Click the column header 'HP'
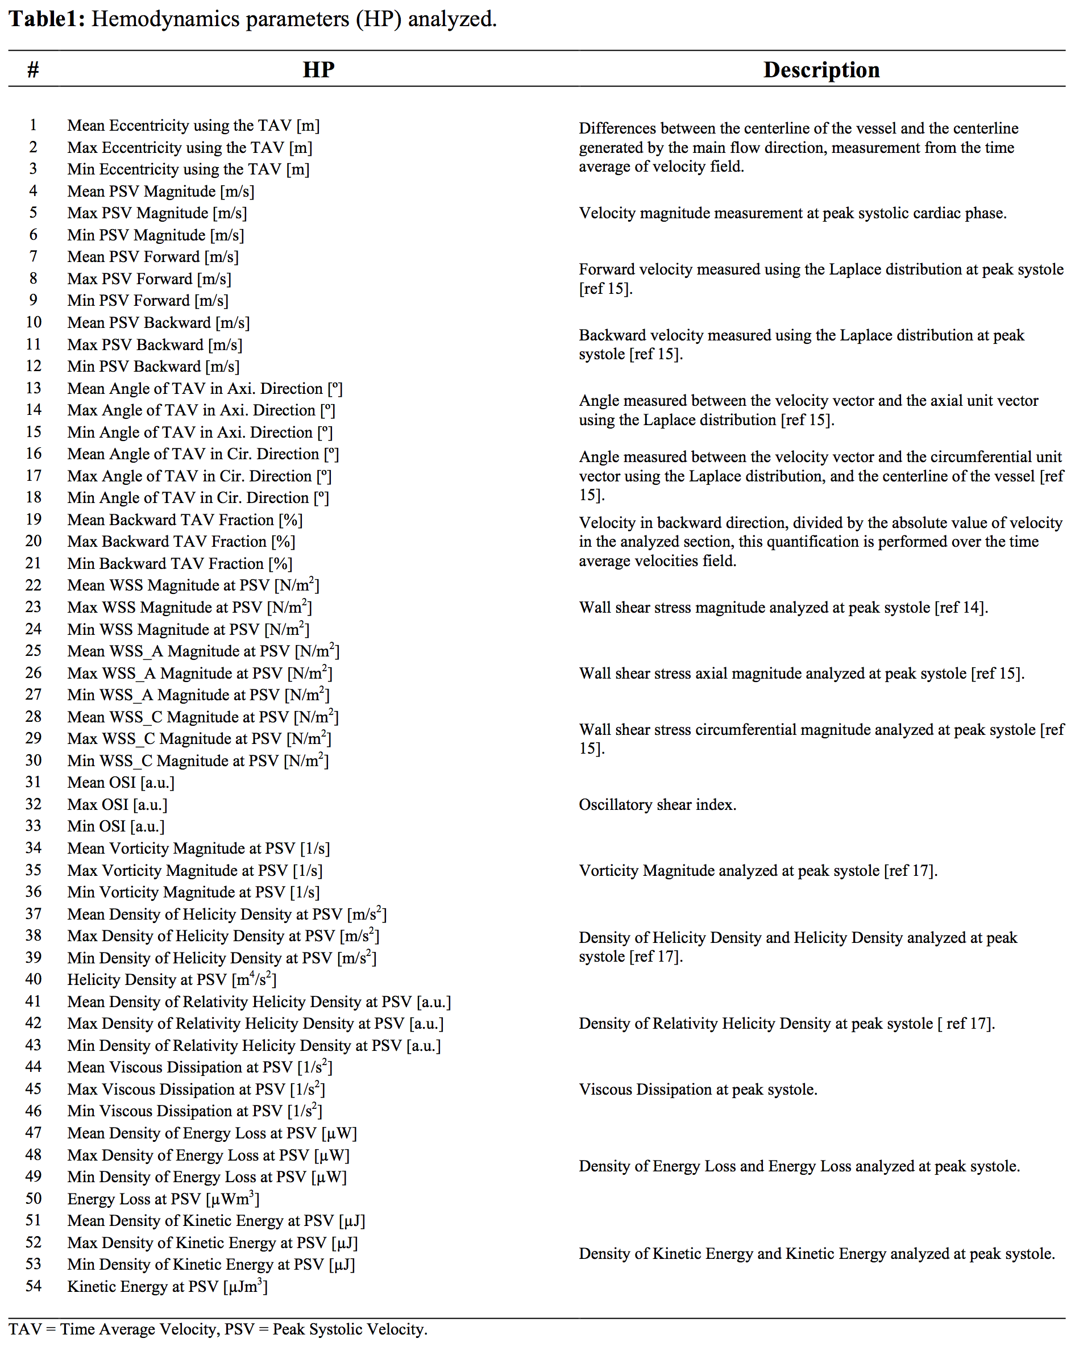point(318,69)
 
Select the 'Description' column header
point(821,69)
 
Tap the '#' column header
point(33,69)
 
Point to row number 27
point(33,694)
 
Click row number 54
point(33,1286)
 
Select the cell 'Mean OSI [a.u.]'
point(121,782)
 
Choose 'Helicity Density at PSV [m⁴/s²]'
point(172,979)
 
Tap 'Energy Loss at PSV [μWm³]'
point(163,1198)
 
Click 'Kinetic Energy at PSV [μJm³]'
point(168,1286)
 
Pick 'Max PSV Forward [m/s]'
point(150,278)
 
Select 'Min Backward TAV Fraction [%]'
point(180,564)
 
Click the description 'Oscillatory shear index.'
point(658,805)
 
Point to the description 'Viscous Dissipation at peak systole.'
point(698,1089)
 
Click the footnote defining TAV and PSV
point(218,1329)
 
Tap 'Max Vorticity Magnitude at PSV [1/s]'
point(195,870)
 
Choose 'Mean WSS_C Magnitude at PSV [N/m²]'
point(203,717)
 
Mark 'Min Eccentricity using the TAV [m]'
point(189,169)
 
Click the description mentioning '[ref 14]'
point(783,607)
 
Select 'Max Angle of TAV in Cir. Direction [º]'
point(200,476)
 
